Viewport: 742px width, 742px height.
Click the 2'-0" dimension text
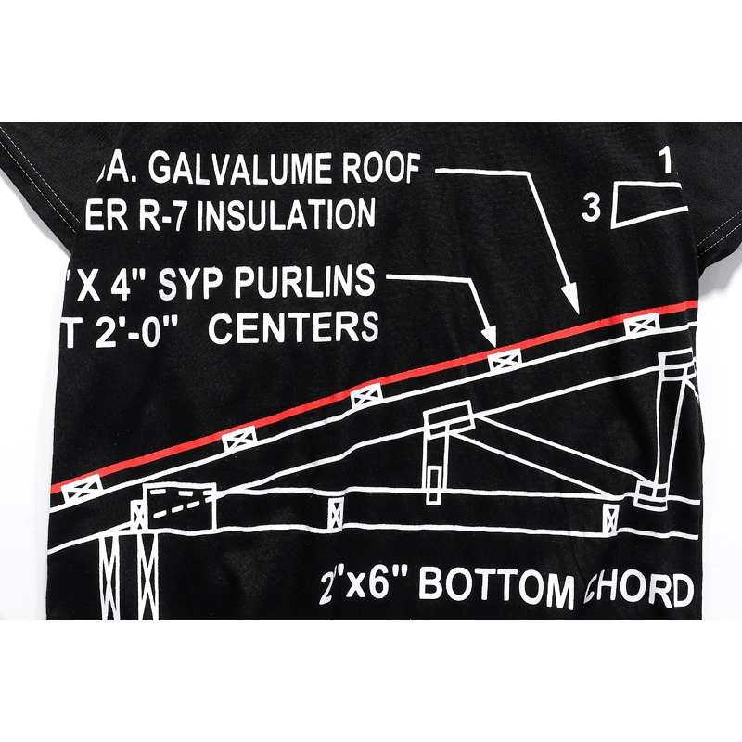point(140,329)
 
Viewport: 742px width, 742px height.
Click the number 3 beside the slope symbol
point(591,210)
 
